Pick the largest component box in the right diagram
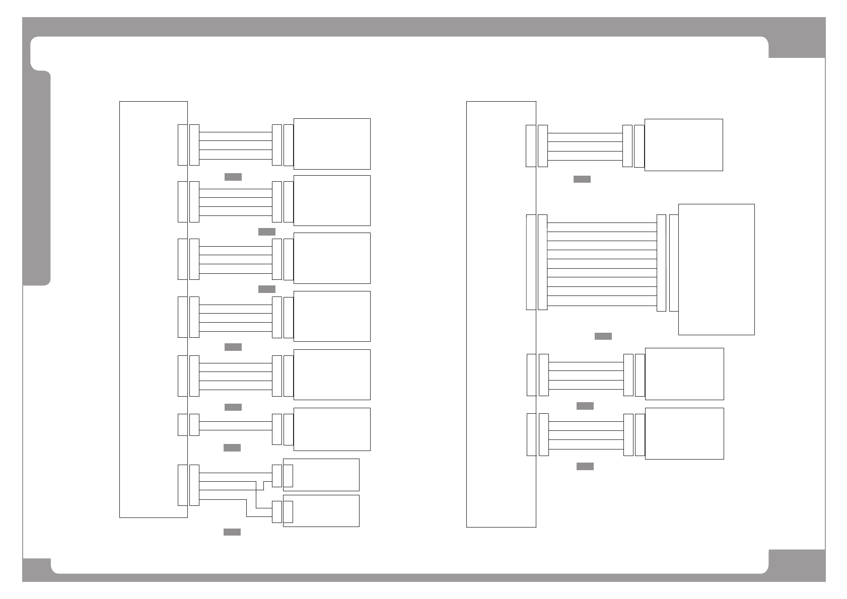[x=716, y=269]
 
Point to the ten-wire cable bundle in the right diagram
[x=602, y=264]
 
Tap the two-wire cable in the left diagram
[x=236, y=425]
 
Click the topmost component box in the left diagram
[x=332, y=144]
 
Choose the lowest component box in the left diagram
[x=321, y=511]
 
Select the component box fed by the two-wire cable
[x=332, y=429]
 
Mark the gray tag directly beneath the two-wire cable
[x=232, y=447]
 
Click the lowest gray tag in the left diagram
[x=232, y=532]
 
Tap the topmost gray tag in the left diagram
[x=233, y=177]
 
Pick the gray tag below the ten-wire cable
[x=603, y=336]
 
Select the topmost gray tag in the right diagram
[x=582, y=179]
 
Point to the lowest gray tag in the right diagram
[x=585, y=466]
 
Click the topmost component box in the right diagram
[x=683, y=145]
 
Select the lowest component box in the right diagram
[x=684, y=433]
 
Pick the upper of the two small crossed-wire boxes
[x=321, y=475]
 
